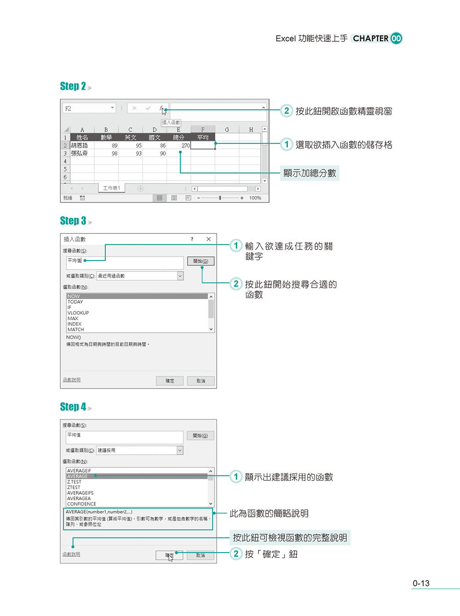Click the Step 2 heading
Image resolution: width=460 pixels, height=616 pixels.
(x=73, y=86)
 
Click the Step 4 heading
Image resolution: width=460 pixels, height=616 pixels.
(x=73, y=407)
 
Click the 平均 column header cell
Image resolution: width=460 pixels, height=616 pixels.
(x=202, y=137)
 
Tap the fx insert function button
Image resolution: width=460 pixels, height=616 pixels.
(x=161, y=108)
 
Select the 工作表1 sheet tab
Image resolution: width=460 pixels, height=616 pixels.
(x=111, y=188)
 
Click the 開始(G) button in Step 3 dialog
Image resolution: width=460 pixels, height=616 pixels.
(x=201, y=261)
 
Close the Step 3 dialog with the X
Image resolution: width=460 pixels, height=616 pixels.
(x=208, y=239)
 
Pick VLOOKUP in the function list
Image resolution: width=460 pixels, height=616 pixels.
(x=78, y=313)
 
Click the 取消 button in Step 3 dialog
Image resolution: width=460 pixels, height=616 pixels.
(x=201, y=381)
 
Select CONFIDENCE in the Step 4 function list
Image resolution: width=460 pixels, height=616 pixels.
(x=82, y=504)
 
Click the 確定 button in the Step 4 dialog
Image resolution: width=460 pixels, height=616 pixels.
(x=169, y=555)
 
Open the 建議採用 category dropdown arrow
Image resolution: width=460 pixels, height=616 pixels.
(x=180, y=451)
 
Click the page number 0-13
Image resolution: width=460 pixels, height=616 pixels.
(x=421, y=583)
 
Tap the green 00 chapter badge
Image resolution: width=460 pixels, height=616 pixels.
(x=396, y=39)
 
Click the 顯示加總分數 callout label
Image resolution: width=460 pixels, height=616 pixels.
(x=310, y=173)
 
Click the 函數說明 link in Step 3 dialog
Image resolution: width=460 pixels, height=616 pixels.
(x=72, y=380)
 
